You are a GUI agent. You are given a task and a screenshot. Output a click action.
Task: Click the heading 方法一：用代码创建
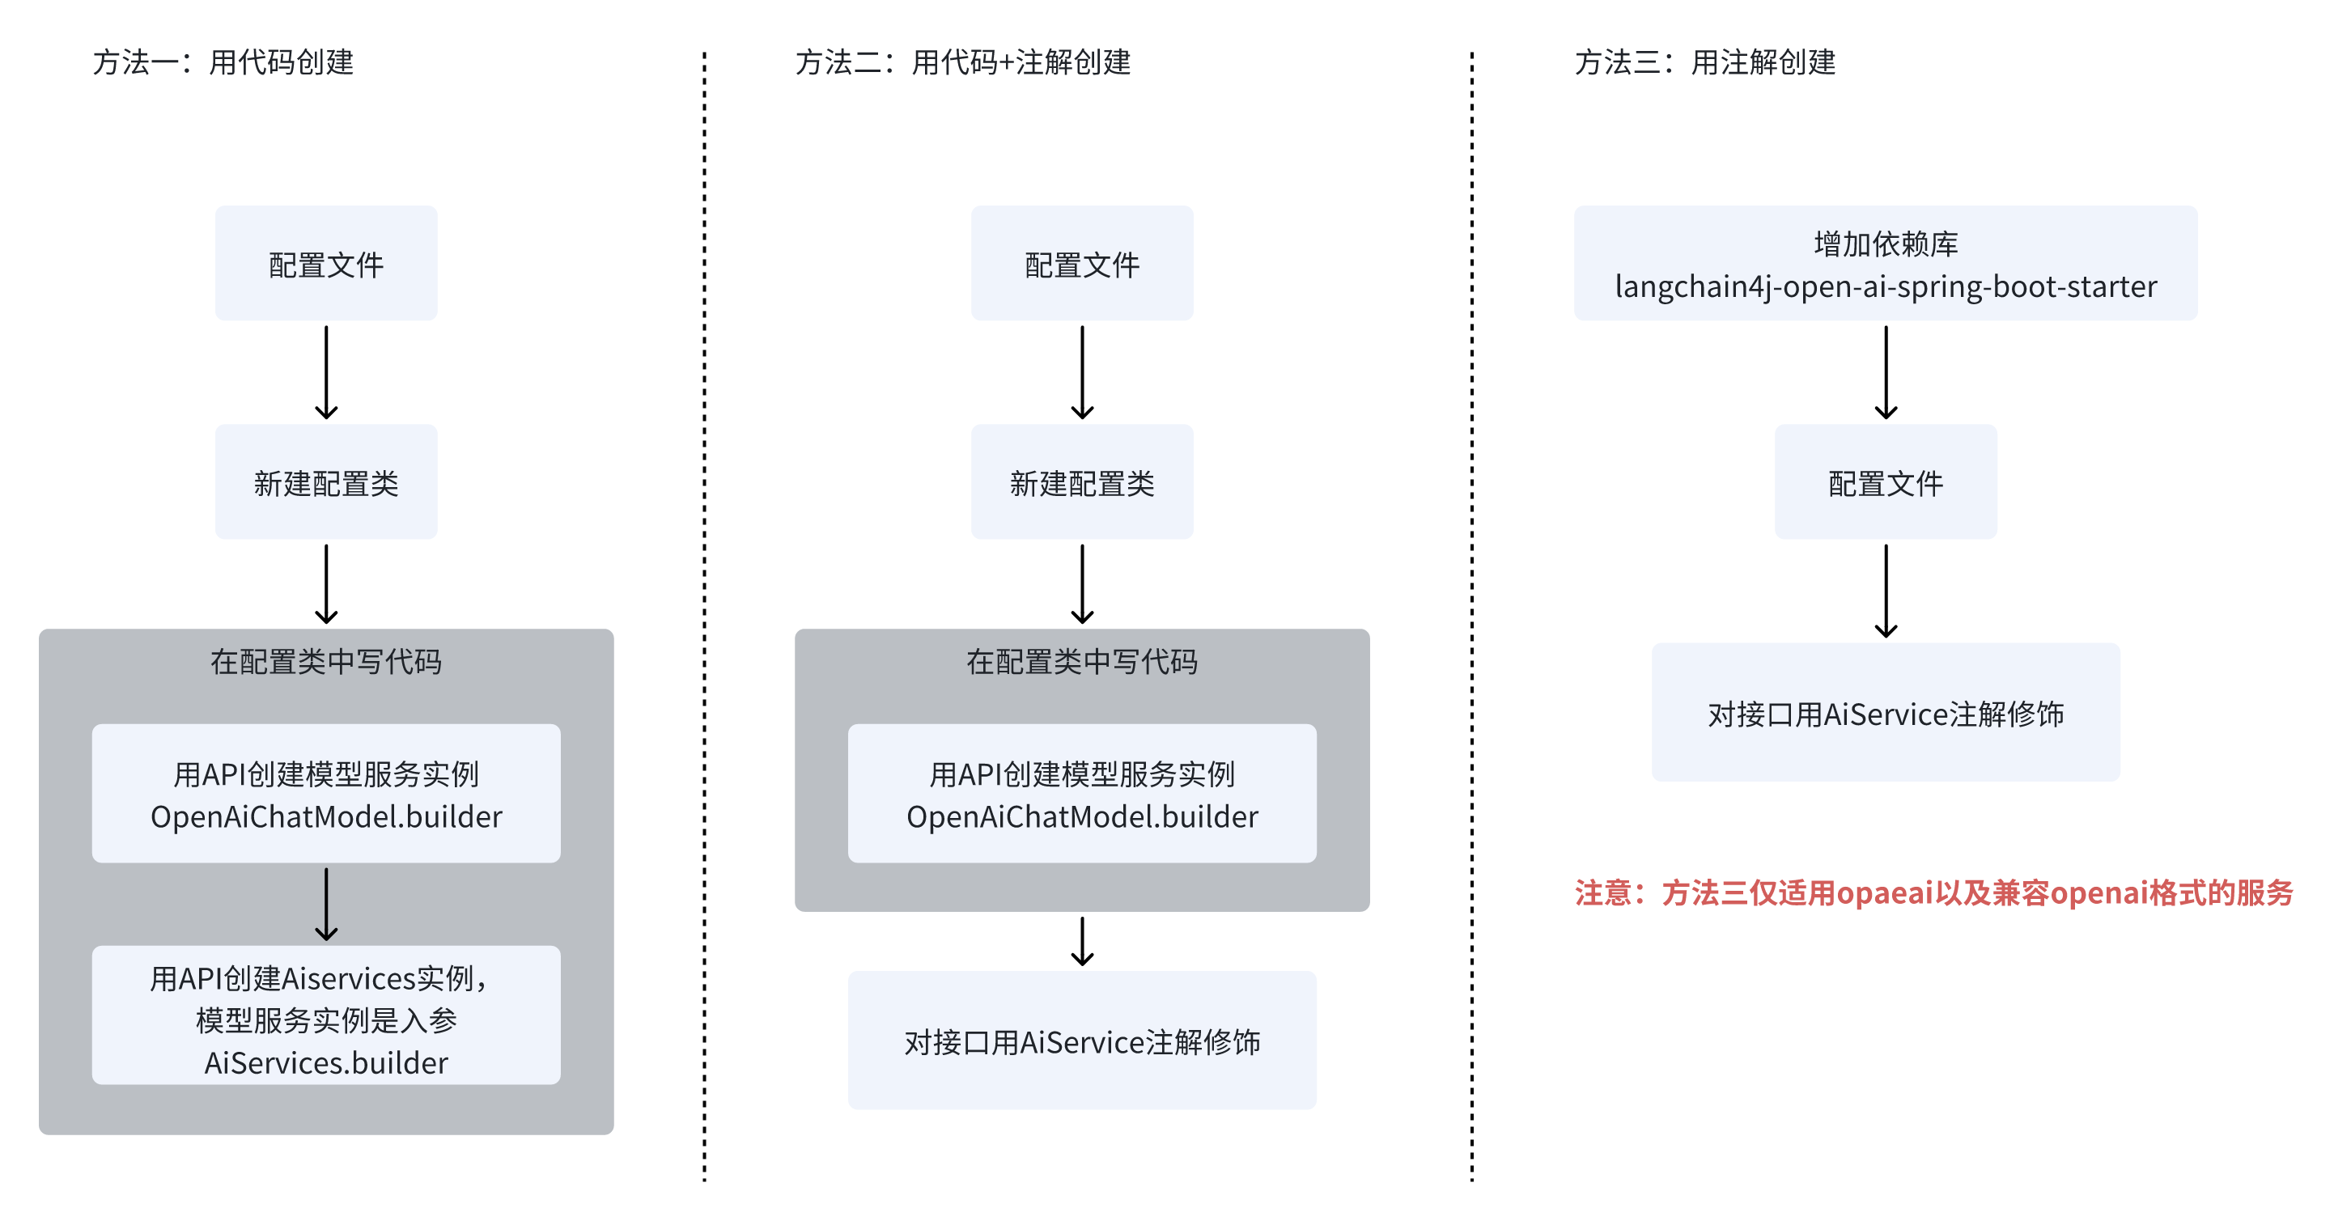(x=223, y=62)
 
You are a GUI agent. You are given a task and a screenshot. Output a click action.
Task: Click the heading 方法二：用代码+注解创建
(x=962, y=62)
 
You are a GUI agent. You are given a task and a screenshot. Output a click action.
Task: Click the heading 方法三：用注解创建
(x=1704, y=62)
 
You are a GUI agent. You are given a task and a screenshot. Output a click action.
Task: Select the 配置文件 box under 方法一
(x=326, y=264)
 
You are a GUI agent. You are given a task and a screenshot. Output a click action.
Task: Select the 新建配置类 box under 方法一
(x=326, y=482)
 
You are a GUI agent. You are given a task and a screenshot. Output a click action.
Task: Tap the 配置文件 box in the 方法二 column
(x=1082, y=264)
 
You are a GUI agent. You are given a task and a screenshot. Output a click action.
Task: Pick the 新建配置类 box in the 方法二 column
(x=1082, y=482)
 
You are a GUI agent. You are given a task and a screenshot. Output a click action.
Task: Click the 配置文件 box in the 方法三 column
(x=1886, y=482)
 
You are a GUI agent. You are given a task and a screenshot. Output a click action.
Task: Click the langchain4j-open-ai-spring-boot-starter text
(x=1886, y=287)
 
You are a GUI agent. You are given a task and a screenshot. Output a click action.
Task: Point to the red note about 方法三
(x=1933, y=893)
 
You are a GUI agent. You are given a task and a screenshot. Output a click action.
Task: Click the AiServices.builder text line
(x=326, y=1063)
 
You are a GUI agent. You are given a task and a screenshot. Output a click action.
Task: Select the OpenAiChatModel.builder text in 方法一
(x=326, y=817)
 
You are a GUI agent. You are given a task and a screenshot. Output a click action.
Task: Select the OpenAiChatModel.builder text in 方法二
(x=1082, y=817)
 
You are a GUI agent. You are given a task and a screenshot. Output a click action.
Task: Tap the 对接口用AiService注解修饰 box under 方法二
(x=1082, y=1041)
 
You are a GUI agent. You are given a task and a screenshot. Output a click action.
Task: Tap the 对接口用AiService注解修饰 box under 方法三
(x=1886, y=713)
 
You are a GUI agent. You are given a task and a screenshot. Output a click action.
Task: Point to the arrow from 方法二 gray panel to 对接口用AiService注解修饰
(x=1082, y=941)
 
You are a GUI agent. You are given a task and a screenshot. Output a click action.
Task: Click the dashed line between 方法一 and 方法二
(x=704, y=616)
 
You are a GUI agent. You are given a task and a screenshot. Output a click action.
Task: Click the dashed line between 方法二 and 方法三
(x=1471, y=616)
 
